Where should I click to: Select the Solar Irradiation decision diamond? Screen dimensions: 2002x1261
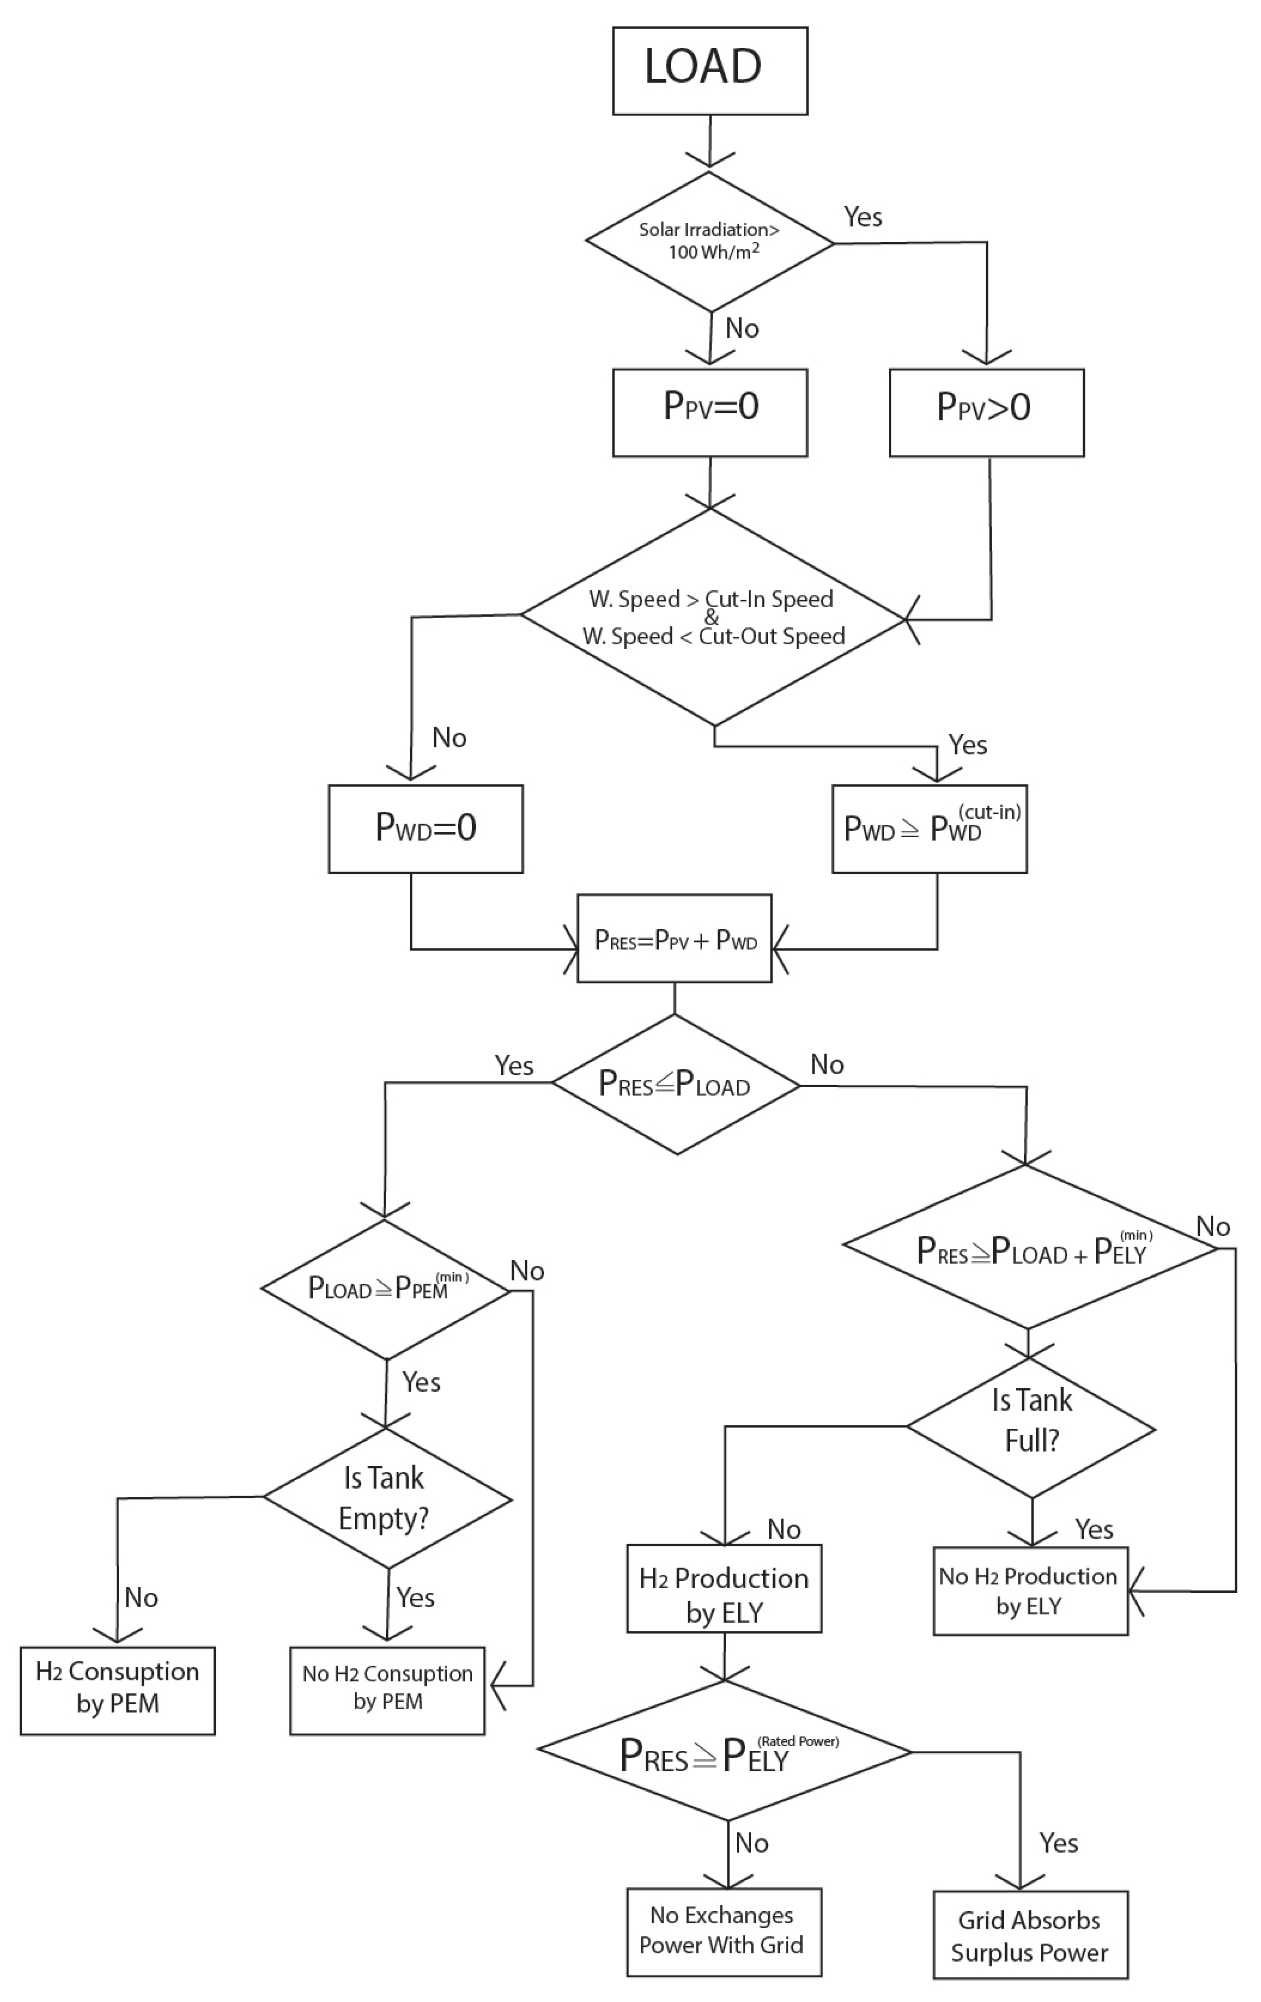click(x=710, y=241)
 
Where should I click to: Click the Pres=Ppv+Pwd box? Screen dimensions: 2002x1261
click(x=674, y=939)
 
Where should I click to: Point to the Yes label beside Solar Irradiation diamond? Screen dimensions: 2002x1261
click(x=863, y=217)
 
